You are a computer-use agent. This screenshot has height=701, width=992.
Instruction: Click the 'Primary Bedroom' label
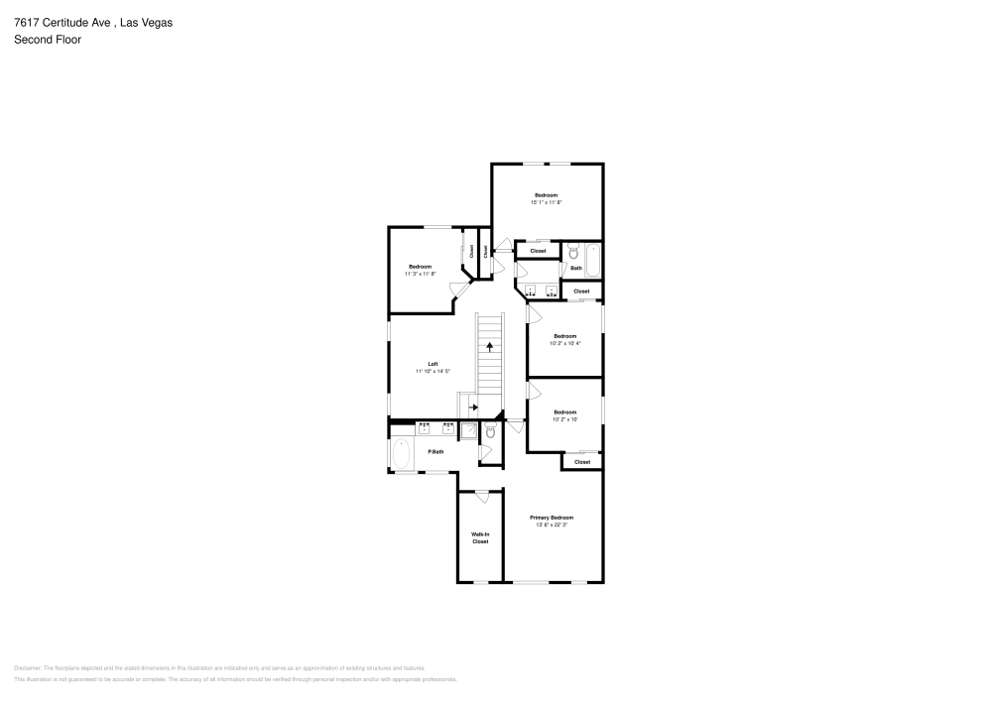[551, 518]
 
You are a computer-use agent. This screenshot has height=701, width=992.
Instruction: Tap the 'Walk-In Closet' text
[480, 537]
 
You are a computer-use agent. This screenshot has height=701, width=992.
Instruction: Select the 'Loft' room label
[434, 364]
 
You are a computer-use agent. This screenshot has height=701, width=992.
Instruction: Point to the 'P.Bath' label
[434, 452]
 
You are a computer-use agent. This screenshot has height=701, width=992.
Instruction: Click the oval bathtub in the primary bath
[402, 455]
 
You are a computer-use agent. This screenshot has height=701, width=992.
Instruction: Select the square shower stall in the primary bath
[469, 430]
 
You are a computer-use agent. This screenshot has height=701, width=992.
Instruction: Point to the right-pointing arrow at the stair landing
[473, 407]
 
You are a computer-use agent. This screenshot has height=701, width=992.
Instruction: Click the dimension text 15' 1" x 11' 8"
[546, 202]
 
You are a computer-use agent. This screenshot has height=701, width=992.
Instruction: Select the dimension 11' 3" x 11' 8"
[420, 274]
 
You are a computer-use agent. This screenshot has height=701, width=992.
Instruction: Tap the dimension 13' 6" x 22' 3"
[551, 526]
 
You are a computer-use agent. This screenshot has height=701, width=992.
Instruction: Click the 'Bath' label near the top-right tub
[575, 269]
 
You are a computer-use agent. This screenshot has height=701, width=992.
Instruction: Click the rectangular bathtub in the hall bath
[592, 261]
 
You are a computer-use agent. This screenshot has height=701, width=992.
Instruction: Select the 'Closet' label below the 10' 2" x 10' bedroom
[582, 462]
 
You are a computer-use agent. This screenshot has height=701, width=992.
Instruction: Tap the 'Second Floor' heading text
[48, 40]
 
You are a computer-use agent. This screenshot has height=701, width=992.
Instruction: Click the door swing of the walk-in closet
[481, 495]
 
